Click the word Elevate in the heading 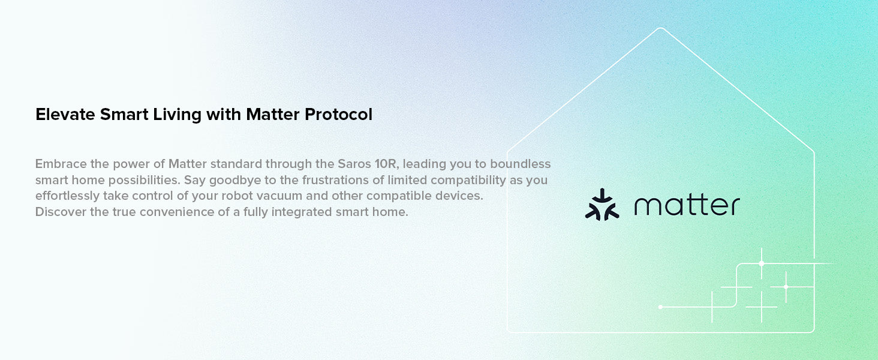(65, 115)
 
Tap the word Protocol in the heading (338, 115)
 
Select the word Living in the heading (177, 115)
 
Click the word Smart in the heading (124, 115)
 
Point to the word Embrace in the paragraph (61, 164)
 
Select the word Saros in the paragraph (354, 164)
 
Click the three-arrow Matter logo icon (602, 205)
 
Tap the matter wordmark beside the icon (687, 205)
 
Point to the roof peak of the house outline (661, 28)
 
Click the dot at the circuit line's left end (660, 307)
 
